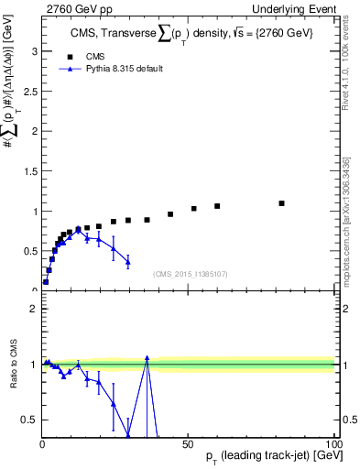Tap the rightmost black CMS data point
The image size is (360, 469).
[281, 203]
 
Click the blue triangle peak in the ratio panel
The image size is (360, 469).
[147, 357]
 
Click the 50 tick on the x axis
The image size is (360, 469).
[187, 442]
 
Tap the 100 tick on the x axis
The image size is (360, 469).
[332, 442]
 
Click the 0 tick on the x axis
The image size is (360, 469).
[42, 442]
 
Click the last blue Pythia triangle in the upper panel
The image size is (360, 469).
[128, 262]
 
